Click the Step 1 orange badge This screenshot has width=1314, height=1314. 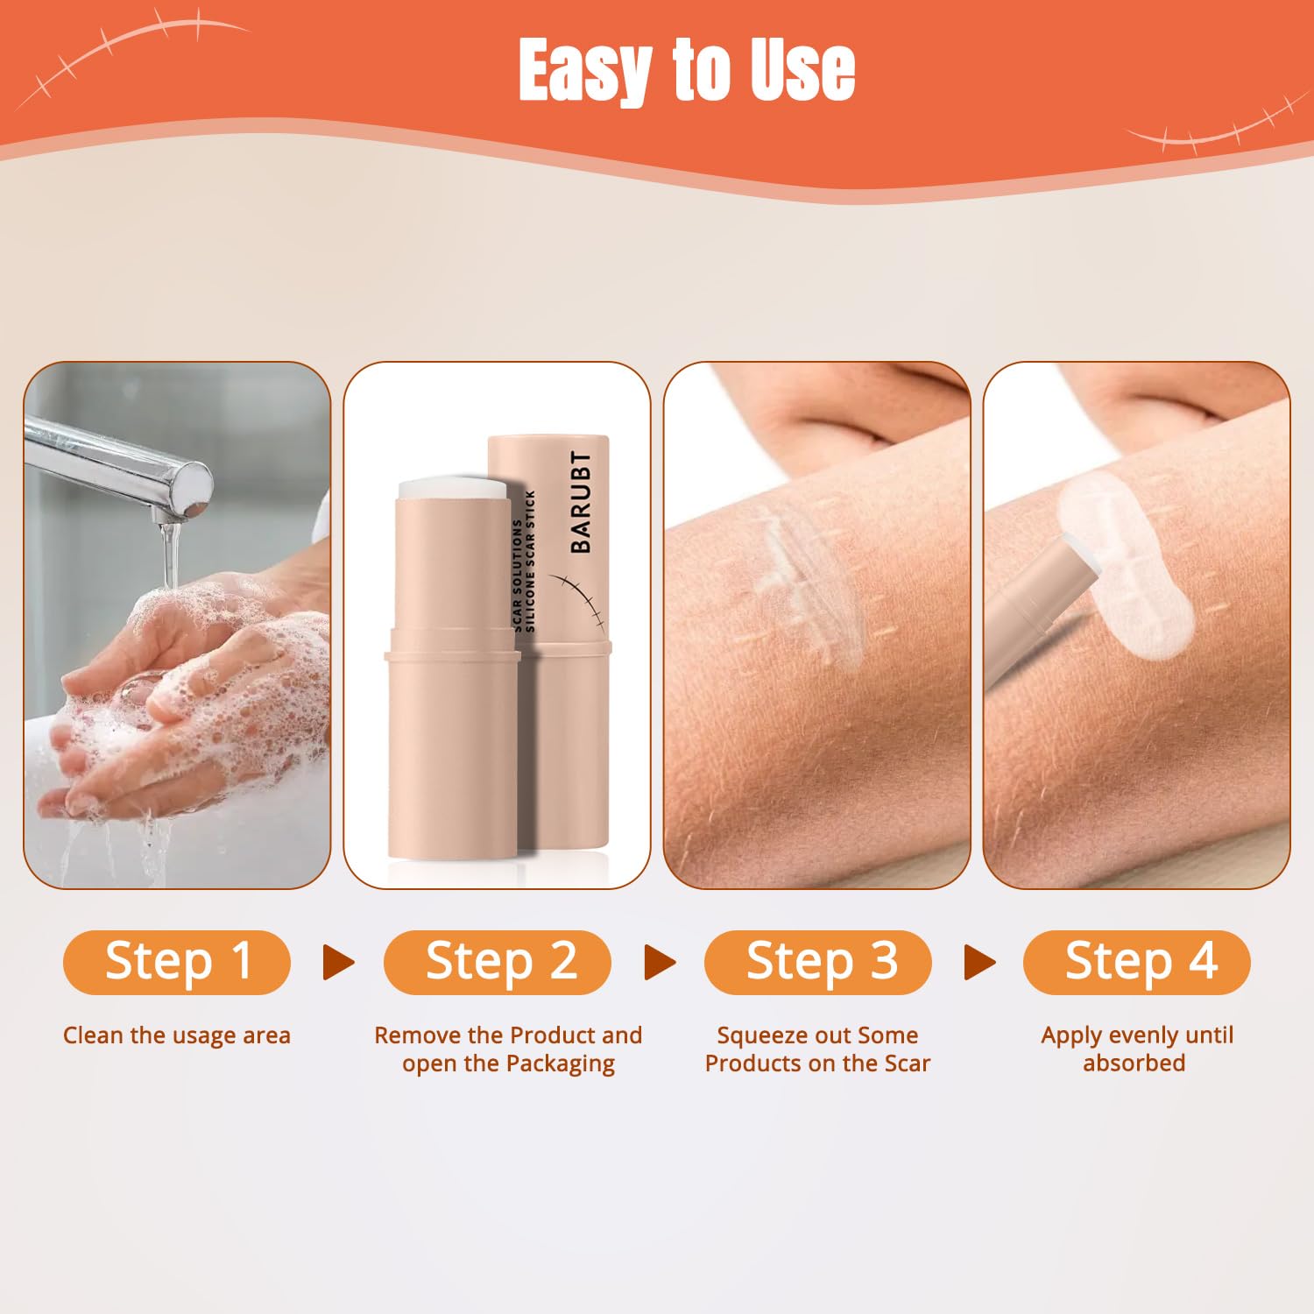point(177,962)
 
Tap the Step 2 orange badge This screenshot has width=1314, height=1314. point(498,962)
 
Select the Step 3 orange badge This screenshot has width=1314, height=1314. point(818,962)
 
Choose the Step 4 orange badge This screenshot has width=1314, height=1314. point(1137,962)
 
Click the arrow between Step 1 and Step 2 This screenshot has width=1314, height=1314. point(338,962)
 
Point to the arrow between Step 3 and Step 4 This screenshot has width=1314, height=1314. point(979,962)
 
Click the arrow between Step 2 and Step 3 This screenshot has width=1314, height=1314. point(660,962)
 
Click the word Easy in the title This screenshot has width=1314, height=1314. point(583,70)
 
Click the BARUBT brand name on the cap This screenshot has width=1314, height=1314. point(581,503)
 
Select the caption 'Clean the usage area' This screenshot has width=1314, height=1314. point(177,1035)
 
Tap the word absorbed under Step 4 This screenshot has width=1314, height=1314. point(1134,1063)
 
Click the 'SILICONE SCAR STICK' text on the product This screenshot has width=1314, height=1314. point(530,561)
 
